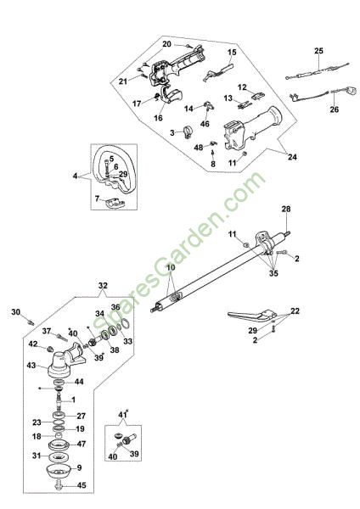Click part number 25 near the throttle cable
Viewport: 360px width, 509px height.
coord(319,51)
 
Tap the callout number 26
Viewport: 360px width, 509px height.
coord(334,109)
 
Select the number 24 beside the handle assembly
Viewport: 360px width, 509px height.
coord(292,157)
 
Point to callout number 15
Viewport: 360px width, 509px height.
coord(232,53)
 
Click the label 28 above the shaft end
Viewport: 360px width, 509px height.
coord(286,210)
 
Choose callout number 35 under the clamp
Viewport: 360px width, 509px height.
coord(273,273)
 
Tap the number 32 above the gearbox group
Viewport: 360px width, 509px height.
coord(103,286)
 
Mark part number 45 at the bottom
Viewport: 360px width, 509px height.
coord(82,485)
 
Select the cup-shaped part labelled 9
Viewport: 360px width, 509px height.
coord(59,471)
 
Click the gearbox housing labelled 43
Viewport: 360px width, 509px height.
coord(65,363)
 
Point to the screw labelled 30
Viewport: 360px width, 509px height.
coord(31,322)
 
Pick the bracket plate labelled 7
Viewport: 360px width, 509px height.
coord(115,203)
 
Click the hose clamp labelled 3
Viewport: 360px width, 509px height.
coord(188,133)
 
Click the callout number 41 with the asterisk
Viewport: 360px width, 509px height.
coord(122,415)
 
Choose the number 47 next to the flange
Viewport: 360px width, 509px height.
coord(82,444)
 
